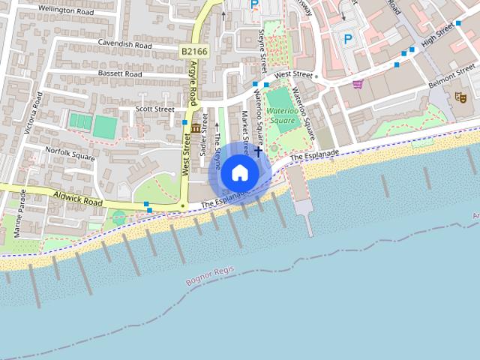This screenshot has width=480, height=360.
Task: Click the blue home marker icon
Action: click(239, 172)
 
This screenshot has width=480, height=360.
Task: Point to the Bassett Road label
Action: click(119, 74)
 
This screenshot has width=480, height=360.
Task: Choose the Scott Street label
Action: click(154, 109)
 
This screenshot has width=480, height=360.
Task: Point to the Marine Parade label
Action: click(19, 215)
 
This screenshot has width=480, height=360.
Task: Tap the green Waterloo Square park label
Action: click(281, 115)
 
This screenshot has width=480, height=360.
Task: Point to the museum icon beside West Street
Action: click(196, 128)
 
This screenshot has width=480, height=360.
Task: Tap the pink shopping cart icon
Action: click(358, 84)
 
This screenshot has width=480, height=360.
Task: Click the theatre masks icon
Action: click(460, 97)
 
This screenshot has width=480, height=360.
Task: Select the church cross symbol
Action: click(259, 151)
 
